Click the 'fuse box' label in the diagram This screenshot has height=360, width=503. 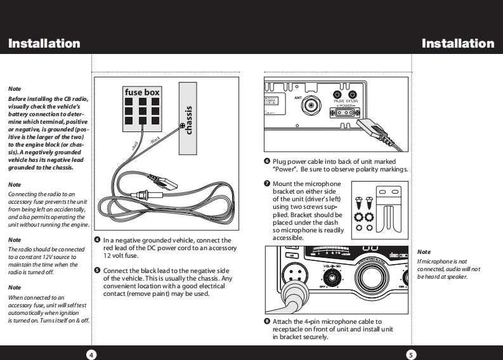142,93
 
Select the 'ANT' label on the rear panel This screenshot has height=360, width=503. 298,98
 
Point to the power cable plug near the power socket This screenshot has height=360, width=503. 374,130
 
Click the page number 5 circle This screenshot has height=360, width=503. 412,354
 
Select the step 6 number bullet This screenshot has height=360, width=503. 267,162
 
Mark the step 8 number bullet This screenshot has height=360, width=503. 267,322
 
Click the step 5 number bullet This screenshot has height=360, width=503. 97,270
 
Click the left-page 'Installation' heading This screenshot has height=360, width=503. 44,44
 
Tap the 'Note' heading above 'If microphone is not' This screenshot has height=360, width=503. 423,252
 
